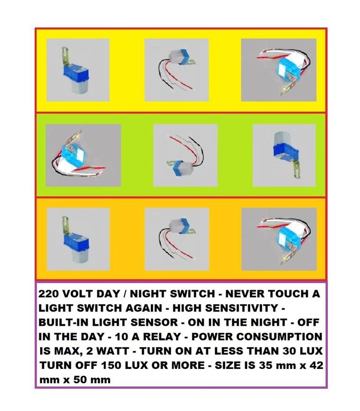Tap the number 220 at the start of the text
[x=49, y=294]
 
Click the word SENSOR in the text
[x=154, y=322]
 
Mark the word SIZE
[x=227, y=365]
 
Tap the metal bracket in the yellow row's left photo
[x=65, y=57]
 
